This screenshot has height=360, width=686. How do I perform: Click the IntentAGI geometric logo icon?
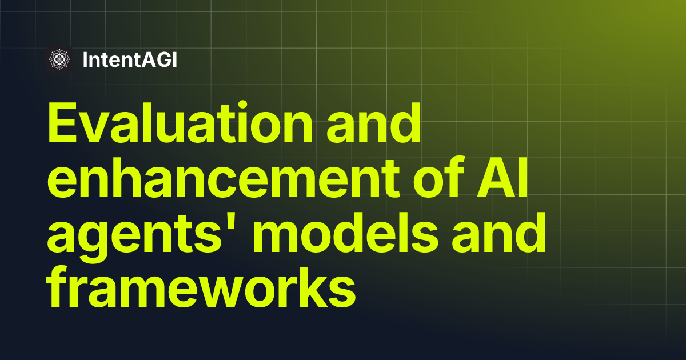(59, 59)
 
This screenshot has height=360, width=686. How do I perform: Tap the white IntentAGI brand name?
(130, 59)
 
